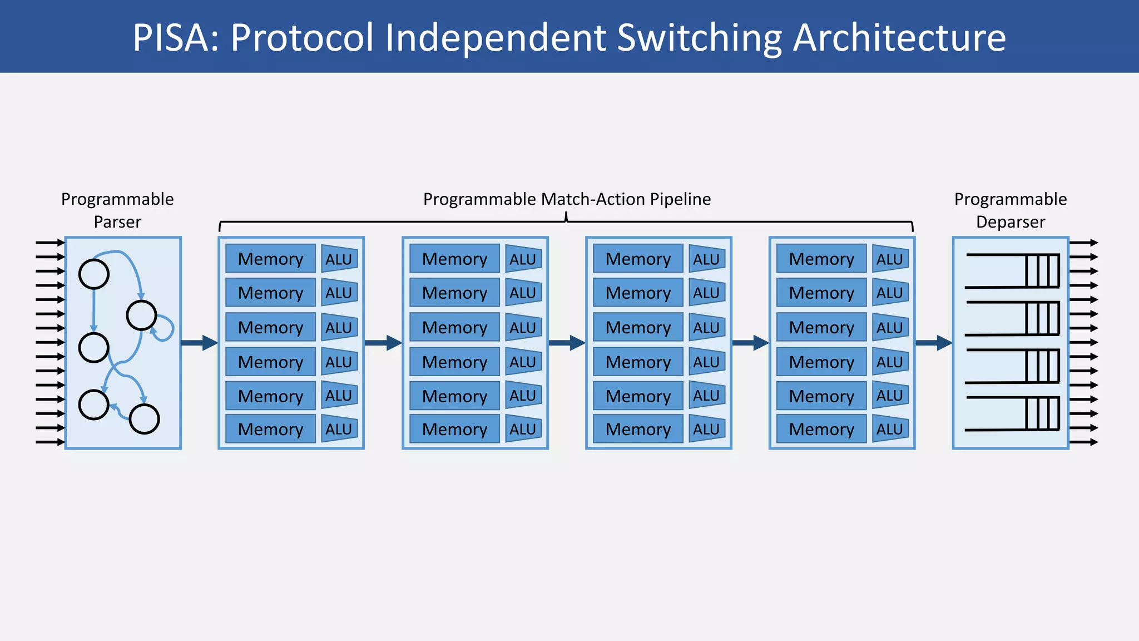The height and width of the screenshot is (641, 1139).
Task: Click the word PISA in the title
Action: pyautogui.click(x=175, y=38)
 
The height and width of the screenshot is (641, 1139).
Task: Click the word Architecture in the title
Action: pyautogui.click(x=899, y=38)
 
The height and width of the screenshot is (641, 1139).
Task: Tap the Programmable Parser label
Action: pyautogui.click(x=117, y=210)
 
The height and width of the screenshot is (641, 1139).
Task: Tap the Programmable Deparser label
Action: pyautogui.click(x=1010, y=210)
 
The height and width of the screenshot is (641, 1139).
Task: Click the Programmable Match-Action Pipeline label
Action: pyautogui.click(x=567, y=199)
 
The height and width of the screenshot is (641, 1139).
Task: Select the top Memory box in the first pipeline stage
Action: pyautogui.click(x=270, y=259)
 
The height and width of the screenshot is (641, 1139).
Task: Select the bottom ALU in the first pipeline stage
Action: pyautogui.click(x=339, y=429)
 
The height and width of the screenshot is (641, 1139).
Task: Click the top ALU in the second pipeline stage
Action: pyautogui.click(x=523, y=259)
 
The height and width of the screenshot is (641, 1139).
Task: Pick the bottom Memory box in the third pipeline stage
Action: pyautogui.click(x=638, y=429)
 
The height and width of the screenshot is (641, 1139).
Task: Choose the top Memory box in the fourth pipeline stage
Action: pyautogui.click(x=821, y=259)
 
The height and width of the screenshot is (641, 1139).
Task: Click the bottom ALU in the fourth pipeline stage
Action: pyautogui.click(x=890, y=429)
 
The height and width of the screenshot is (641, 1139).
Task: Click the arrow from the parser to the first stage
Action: pyautogui.click(x=199, y=343)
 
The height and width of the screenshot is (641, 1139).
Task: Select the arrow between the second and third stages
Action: pyautogui.click(x=566, y=343)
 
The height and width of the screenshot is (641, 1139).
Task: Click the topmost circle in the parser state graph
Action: pyautogui.click(x=94, y=274)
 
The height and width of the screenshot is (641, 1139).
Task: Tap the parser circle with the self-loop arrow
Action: pyautogui.click(x=141, y=315)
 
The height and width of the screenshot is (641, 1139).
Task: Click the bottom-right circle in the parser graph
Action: pyautogui.click(x=145, y=419)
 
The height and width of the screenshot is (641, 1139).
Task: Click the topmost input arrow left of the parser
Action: pyautogui.click(x=50, y=243)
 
